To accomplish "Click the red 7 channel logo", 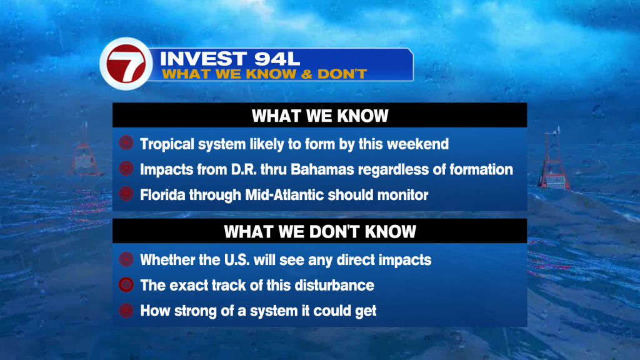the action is pos(126,64).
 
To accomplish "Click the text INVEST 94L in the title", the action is pos(230,59).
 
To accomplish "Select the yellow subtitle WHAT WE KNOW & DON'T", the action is pos(264,74).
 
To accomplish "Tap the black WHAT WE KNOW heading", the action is pos(319,116).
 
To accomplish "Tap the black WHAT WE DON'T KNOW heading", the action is pos(319,231).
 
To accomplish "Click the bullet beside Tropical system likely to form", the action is pos(126,143).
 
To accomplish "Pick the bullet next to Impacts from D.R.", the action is pos(126,168).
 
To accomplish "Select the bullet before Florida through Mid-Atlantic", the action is pos(126,194).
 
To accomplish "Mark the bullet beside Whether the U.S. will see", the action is pos(126,259).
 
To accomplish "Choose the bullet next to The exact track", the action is pos(126,284).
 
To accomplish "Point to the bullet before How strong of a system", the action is pos(126,310).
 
